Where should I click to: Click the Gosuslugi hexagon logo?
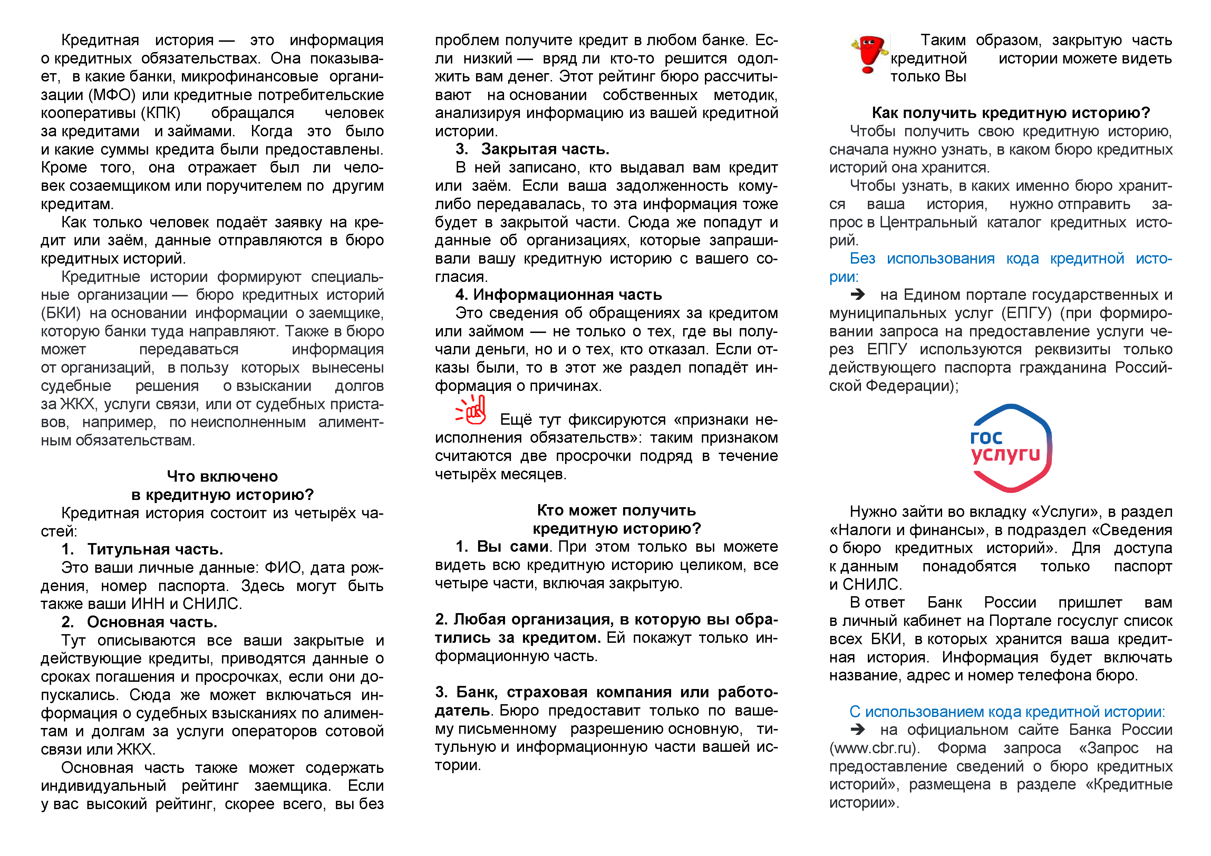(1010, 448)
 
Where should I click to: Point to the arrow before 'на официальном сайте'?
(858, 729)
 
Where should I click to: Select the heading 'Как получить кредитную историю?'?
(1010, 113)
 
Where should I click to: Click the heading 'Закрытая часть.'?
(545, 149)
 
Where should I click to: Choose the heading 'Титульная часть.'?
(155, 549)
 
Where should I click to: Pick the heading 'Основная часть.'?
(152, 622)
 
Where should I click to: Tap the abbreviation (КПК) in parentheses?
(160, 113)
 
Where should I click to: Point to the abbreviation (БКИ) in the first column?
(61, 313)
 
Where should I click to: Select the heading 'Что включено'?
(222, 476)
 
